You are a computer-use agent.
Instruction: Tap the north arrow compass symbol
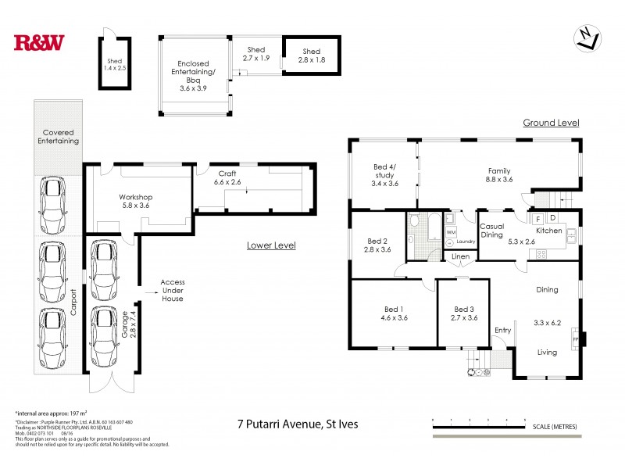587,37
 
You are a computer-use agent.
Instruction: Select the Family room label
499,176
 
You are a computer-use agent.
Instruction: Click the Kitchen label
548,231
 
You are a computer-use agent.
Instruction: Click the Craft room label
227,176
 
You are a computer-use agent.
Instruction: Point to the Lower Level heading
271,245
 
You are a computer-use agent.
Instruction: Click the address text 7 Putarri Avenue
300,425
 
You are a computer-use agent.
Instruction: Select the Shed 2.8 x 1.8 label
311,55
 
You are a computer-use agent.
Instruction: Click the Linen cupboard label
461,256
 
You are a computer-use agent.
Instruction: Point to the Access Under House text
172,290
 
